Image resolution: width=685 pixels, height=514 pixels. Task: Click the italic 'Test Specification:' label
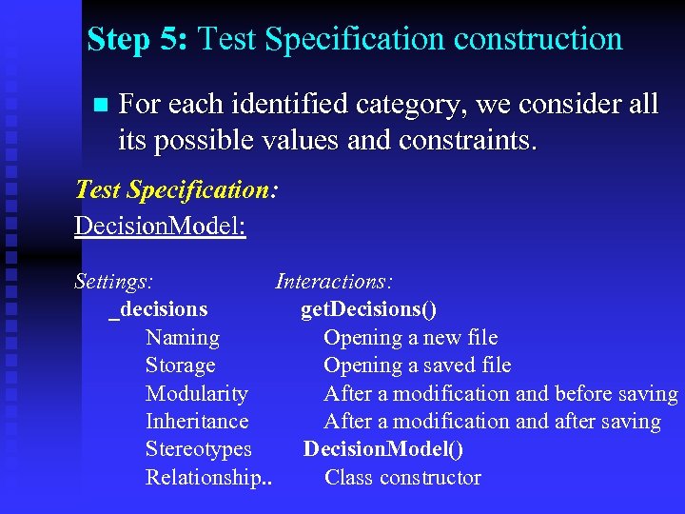tap(176, 189)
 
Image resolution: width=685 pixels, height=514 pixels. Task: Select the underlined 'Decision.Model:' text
tap(160, 227)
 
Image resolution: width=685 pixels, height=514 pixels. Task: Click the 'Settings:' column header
tap(115, 281)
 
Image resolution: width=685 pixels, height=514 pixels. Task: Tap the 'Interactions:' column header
tap(335, 281)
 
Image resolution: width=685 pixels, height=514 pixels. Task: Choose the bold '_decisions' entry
tap(159, 309)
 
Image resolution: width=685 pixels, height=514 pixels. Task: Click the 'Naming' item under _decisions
tap(183, 337)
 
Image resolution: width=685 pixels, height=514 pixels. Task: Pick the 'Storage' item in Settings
tap(181, 366)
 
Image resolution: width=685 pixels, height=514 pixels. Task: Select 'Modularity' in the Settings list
tap(197, 394)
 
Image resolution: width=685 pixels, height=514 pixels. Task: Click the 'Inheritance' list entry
tap(197, 422)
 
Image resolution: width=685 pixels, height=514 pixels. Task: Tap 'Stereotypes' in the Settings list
tap(199, 449)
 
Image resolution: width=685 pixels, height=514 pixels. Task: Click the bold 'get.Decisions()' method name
tap(369, 309)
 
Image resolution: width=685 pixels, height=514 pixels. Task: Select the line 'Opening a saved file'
tap(417, 366)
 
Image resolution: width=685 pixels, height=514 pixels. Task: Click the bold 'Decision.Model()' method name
tap(382, 449)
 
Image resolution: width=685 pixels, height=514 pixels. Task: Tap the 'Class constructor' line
tap(402, 478)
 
